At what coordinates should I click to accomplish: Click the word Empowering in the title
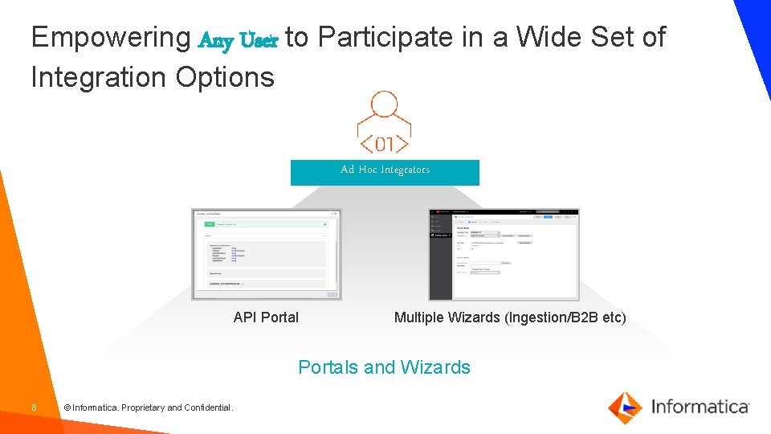(x=109, y=38)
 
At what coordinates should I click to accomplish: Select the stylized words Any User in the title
(x=238, y=39)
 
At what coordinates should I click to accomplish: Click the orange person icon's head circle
(x=384, y=104)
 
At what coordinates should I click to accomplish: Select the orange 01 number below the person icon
(x=385, y=144)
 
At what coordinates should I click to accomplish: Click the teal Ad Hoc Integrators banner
(x=385, y=172)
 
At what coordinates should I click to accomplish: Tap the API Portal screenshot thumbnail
(x=266, y=255)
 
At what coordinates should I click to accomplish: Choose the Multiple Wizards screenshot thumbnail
(x=504, y=255)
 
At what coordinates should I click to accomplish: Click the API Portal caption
(x=266, y=317)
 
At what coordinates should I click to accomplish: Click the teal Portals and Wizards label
(x=384, y=367)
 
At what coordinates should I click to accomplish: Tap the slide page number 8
(x=34, y=407)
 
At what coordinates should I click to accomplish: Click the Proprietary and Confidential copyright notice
(x=149, y=407)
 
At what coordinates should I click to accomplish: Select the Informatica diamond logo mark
(x=625, y=407)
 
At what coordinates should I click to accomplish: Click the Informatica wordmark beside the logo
(x=700, y=407)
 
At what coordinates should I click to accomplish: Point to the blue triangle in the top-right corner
(x=755, y=24)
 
